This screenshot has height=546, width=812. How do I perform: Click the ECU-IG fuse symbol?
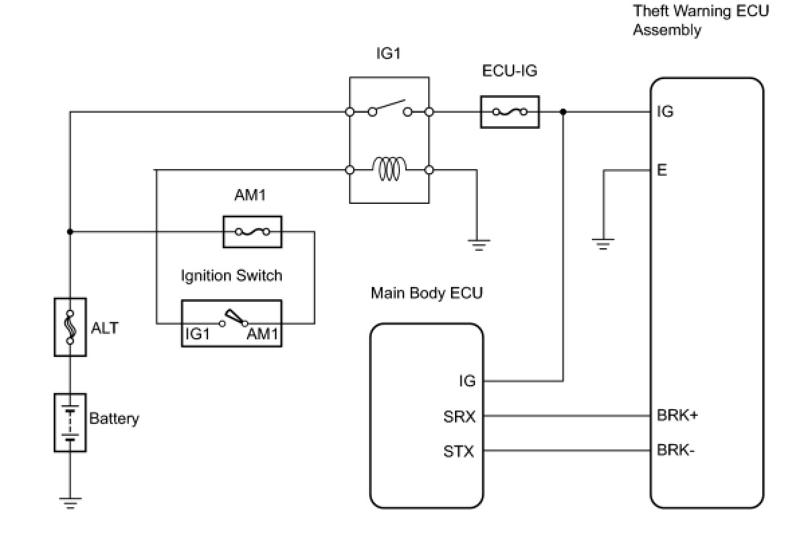coord(510,112)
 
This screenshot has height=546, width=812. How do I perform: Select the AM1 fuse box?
coord(252,232)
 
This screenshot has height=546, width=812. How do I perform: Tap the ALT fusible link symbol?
coord(70,327)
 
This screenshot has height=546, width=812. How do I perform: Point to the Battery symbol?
coord(70,422)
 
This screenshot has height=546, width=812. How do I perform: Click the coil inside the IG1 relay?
coord(389,169)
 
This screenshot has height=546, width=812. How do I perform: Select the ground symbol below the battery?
coord(70,502)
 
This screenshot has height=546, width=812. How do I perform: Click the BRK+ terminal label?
coord(677,415)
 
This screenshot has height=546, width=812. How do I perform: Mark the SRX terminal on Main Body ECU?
coord(460,417)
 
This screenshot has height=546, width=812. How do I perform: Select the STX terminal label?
coord(459,451)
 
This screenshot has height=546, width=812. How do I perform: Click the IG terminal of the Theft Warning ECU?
coord(664,112)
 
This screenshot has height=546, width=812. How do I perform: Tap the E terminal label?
coord(662,170)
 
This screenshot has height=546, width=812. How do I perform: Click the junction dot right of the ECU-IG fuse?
coord(563,112)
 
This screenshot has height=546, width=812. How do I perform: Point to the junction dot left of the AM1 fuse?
coord(70,232)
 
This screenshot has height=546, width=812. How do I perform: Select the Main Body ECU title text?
coord(426,293)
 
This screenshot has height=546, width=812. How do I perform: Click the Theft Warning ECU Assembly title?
coord(701,20)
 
